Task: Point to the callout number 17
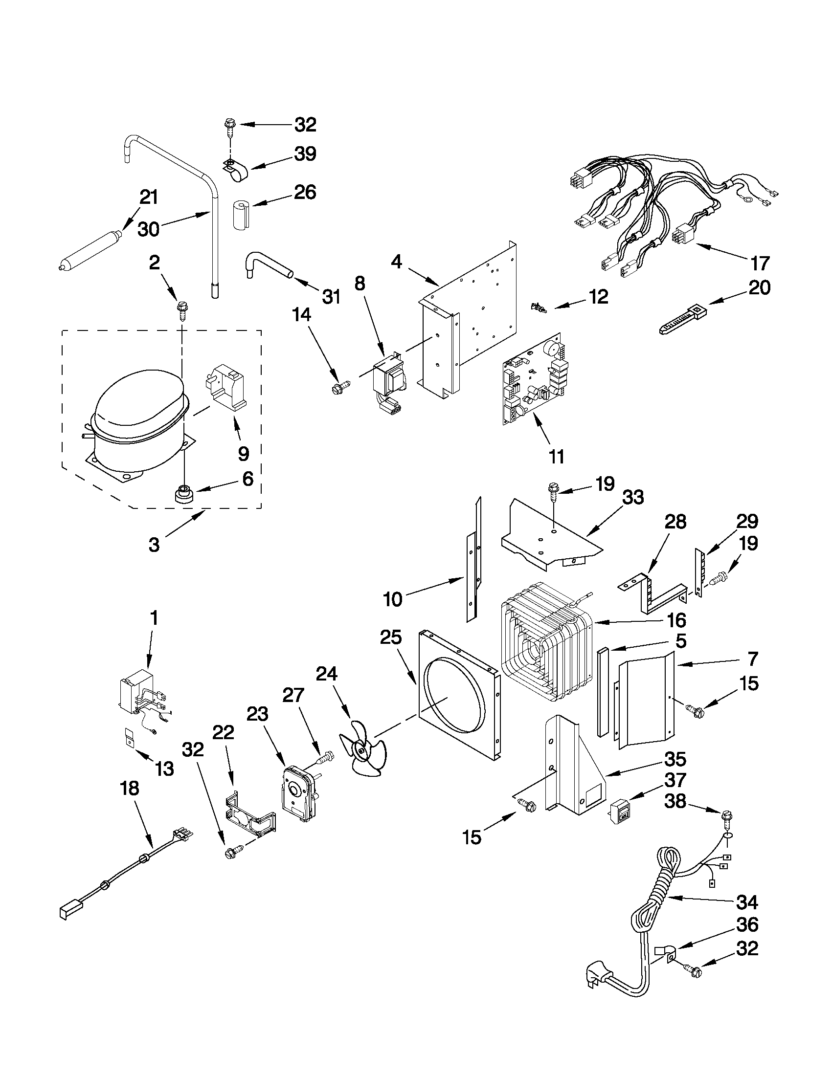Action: [759, 264]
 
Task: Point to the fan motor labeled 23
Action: [299, 795]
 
